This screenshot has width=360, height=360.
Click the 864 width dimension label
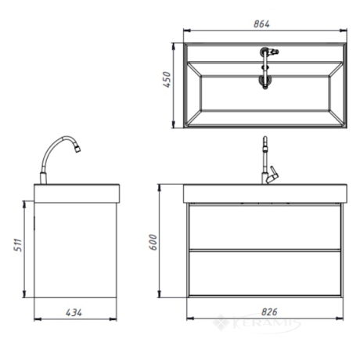coord(261,24)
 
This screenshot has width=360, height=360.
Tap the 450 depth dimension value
coord(167,80)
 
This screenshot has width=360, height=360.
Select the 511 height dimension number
coord(18,245)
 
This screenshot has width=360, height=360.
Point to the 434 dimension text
coord(74,312)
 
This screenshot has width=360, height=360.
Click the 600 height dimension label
coord(153,242)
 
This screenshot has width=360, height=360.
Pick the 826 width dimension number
coord(269,311)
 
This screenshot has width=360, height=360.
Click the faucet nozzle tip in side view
coord(77,149)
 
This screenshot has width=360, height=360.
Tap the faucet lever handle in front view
coord(273,175)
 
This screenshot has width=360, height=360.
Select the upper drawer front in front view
coord(265,227)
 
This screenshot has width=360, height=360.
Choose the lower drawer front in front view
coord(265,273)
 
